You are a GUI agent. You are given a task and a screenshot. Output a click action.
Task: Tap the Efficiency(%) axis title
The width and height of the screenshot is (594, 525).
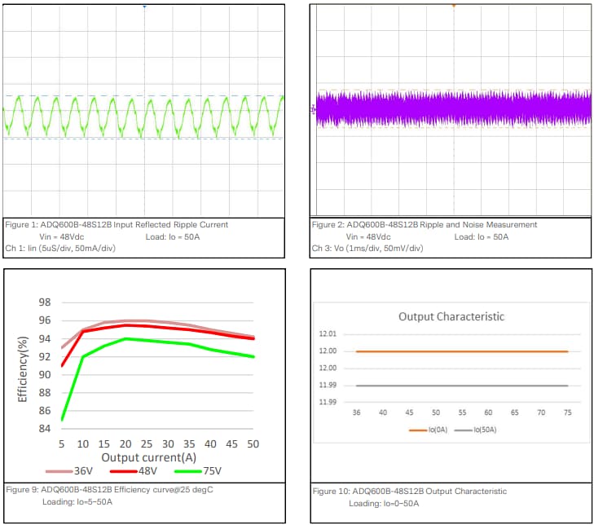click(x=24, y=366)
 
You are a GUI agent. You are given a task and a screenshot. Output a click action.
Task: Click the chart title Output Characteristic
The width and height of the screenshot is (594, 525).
click(x=451, y=316)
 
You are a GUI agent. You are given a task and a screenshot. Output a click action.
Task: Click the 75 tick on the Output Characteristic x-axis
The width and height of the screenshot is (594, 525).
click(x=567, y=412)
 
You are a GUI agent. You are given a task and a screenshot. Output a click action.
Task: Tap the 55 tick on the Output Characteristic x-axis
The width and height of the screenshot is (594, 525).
click(x=462, y=412)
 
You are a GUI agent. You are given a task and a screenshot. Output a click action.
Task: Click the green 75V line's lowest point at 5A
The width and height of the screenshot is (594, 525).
click(x=63, y=420)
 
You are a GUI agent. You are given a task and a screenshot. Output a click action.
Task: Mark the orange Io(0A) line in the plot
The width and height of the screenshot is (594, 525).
click(x=461, y=351)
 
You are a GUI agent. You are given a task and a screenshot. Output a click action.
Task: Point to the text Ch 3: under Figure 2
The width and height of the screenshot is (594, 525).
click(x=323, y=248)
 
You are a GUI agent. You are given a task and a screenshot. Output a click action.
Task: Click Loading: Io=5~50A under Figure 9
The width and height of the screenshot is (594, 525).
click(x=77, y=502)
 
